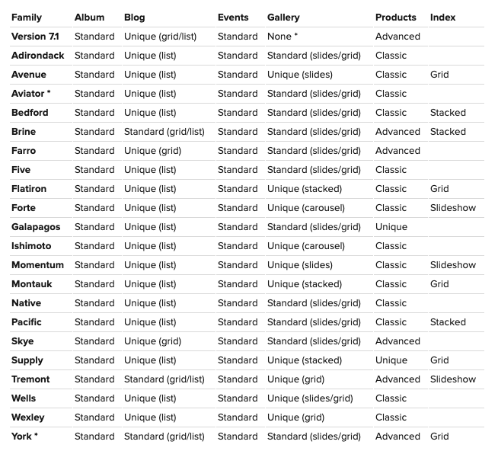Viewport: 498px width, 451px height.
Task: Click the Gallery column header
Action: pos(283,17)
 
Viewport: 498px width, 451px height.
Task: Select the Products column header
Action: pos(395,17)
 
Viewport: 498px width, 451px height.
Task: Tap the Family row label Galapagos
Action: pos(36,227)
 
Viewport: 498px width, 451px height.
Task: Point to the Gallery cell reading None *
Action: pos(283,37)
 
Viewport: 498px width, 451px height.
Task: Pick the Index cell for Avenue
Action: pos(439,75)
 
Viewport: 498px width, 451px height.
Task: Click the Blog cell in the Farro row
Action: pos(152,151)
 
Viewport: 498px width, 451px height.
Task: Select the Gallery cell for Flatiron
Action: pos(305,189)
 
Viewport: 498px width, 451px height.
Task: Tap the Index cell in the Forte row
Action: pos(452,208)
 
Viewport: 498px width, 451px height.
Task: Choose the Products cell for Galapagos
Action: pos(391,227)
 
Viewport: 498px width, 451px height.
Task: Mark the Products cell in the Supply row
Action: pos(391,360)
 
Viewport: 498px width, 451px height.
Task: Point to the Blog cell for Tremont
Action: pos(164,379)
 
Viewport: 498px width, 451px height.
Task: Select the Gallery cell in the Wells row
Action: pos(310,398)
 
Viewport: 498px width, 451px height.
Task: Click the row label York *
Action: pos(24,437)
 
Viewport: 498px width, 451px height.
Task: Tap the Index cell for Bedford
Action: pos(448,113)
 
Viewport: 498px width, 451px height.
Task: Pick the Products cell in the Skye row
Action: pos(397,341)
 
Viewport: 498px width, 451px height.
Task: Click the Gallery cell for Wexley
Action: pos(295,417)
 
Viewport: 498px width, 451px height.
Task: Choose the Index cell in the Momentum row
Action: pos(452,265)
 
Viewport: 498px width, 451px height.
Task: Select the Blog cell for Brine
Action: pos(164,132)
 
